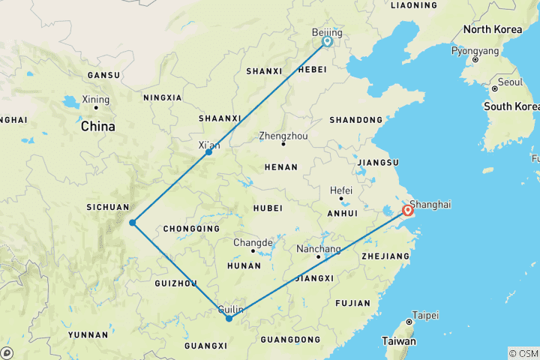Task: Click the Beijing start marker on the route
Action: [x=327, y=42]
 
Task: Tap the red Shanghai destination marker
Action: [x=407, y=211]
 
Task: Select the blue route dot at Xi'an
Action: [x=208, y=152]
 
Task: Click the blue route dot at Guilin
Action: [x=229, y=319]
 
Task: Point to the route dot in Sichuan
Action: [x=132, y=222]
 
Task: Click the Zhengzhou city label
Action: [x=283, y=136]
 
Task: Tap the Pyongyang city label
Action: [x=475, y=51]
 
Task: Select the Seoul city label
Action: [x=510, y=82]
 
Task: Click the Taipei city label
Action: [x=426, y=316]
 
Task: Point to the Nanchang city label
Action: [x=318, y=249]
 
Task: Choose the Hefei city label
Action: [x=342, y=190]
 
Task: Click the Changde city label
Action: [x=253, y=243]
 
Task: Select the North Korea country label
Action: [x=492, y=29]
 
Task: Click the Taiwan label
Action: [x=398, y=341]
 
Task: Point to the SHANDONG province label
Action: [x=355, y=120]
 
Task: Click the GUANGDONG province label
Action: [x=290, y=340]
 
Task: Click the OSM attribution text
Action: [x=523, y=353]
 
